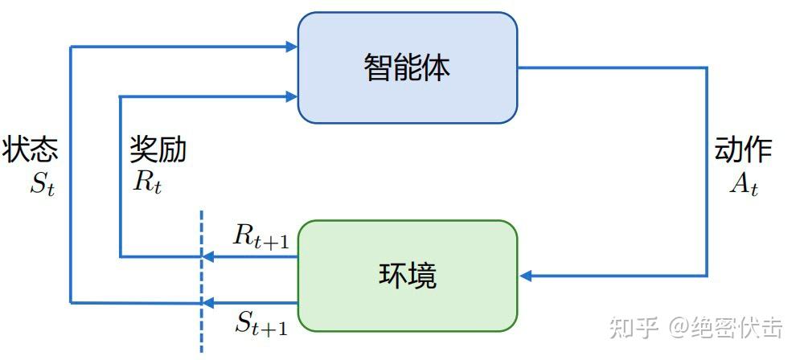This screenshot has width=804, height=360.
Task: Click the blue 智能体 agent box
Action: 407,67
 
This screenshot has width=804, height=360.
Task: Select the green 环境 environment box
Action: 407,276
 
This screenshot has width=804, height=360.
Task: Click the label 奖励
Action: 158,150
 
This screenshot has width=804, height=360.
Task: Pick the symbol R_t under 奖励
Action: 147,182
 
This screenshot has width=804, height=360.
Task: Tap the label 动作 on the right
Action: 743,150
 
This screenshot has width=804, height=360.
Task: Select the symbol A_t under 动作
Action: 744,185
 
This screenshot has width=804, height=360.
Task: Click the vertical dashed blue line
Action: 201,281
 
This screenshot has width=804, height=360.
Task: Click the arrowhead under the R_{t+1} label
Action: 207,257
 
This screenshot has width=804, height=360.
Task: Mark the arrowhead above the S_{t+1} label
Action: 207,303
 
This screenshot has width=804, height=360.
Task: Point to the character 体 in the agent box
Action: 437,67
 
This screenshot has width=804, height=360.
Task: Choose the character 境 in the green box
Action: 423,276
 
